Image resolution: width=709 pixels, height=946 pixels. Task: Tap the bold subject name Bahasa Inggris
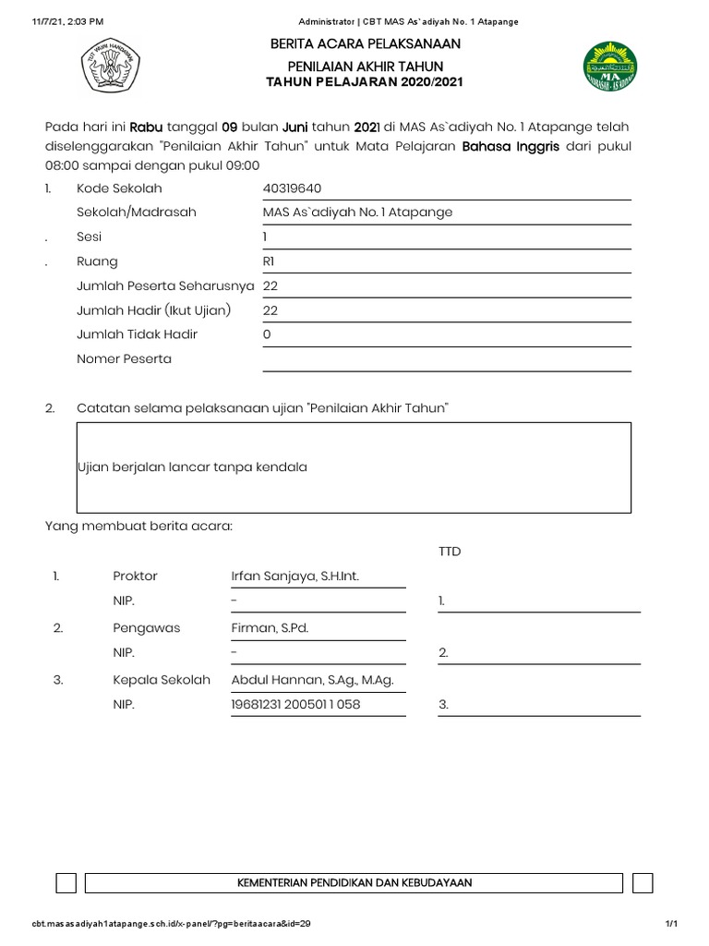click(511, 146)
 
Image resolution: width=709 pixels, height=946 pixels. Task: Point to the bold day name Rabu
click(145, 127)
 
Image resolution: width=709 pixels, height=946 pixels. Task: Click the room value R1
click(269, 261)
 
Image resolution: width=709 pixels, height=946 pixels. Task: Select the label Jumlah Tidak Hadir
click(137, 334)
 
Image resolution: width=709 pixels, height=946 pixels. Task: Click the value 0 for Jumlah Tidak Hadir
click(267, 334)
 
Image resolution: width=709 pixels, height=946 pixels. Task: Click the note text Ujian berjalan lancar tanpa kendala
click(192, 467)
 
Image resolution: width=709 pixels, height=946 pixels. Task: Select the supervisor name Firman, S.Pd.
click(270, 627)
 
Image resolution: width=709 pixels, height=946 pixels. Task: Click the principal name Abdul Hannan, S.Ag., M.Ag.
click(312, 680)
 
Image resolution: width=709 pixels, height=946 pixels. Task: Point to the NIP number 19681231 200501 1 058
click(295, 705)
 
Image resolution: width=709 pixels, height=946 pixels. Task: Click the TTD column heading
click(450, 552)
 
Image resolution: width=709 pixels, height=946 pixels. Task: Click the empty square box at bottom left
click(66, 883)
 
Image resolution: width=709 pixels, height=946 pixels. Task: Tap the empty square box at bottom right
click(644, 883)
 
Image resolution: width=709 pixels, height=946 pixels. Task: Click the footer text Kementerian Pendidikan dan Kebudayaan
click(354, 883)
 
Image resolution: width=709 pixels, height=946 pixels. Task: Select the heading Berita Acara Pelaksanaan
click(365, 44)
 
